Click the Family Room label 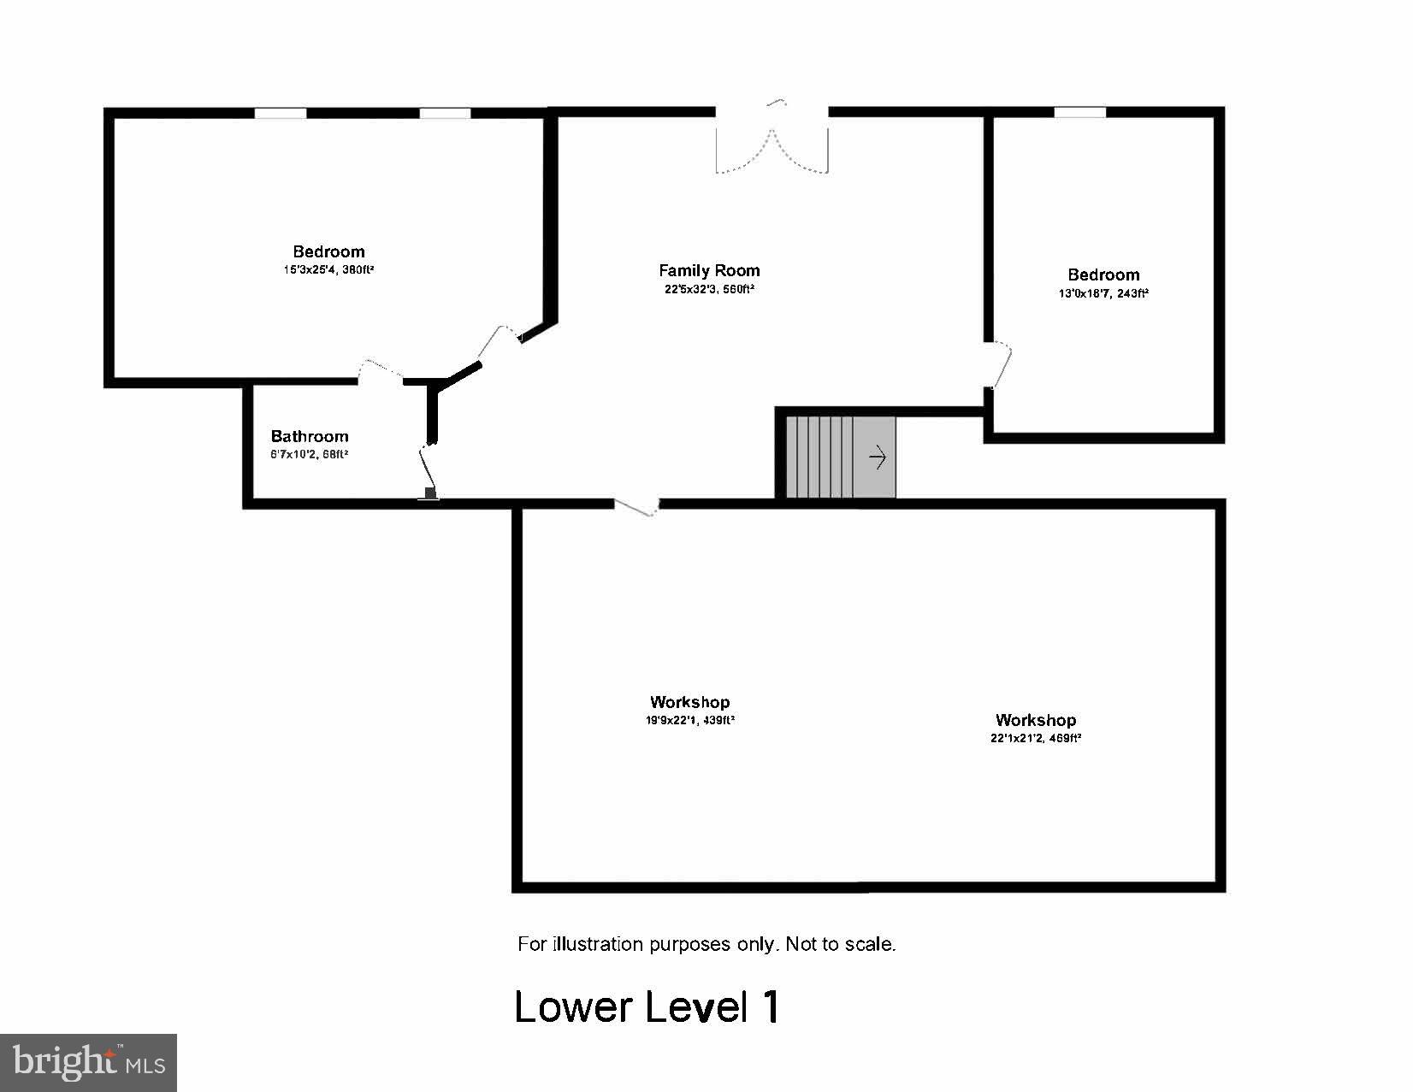click(709, 270)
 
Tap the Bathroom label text click(310, 436)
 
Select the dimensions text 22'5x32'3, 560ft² click(709, 289)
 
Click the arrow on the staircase click(878, 458)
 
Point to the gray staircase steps click(821, 457)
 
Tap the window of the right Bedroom click(1079, 112)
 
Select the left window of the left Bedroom click(280, 113)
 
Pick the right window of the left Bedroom click(445, 113)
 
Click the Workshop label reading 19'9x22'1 click(689, 702)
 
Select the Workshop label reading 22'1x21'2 click(1035, 720)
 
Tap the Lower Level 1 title click(647, 1006)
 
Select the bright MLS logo click(88, 1063)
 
